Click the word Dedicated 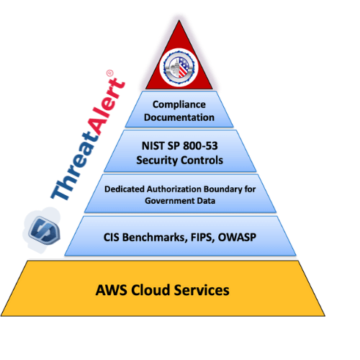pos(125,189)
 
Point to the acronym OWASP pos(240,236)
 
